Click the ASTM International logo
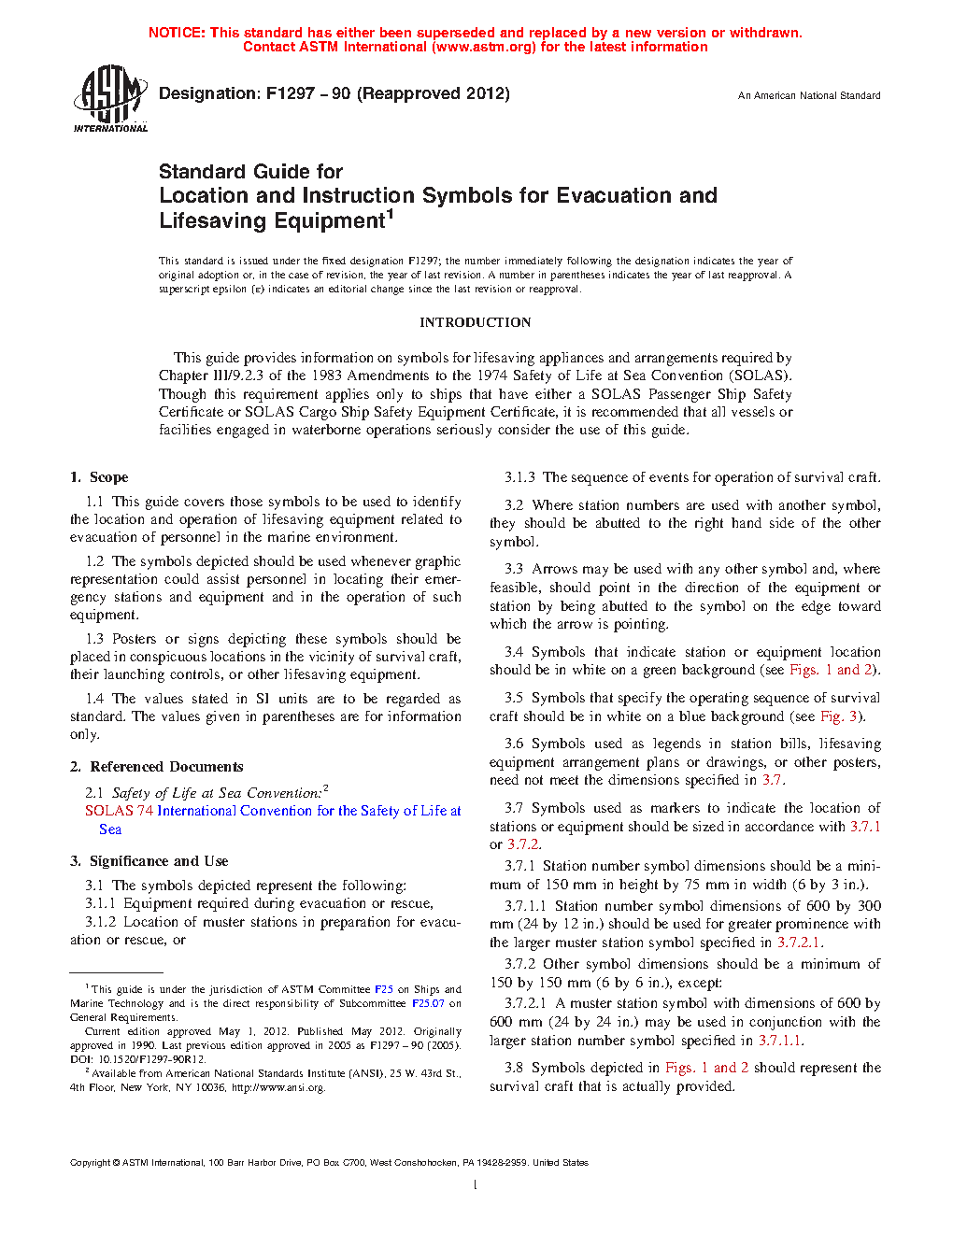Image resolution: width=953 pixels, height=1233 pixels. [x=110, y=98]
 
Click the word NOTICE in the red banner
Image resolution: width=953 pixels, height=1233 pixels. [x=176, y=33]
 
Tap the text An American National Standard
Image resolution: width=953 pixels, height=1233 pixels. [x=809, y=95]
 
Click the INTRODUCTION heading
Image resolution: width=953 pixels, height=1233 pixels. [x=475, y=322]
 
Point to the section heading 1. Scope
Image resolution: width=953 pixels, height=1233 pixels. [x=99, y=477]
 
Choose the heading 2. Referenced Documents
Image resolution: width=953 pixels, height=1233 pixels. [x=157, y=767]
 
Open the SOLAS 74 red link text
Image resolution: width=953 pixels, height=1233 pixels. [x=119, y=811]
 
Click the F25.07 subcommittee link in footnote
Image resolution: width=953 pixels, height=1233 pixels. [x=428, y=1003]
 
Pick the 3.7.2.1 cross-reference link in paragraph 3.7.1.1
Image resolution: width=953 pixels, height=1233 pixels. [x=799, y=942]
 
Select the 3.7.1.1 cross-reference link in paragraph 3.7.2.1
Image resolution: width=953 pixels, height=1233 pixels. [x=779, y=1041]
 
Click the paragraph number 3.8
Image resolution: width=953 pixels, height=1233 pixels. [x=514, y=1068]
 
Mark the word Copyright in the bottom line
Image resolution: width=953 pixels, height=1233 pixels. [x=90, y=1163]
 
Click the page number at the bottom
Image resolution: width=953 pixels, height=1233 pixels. [x=476, y=1185]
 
